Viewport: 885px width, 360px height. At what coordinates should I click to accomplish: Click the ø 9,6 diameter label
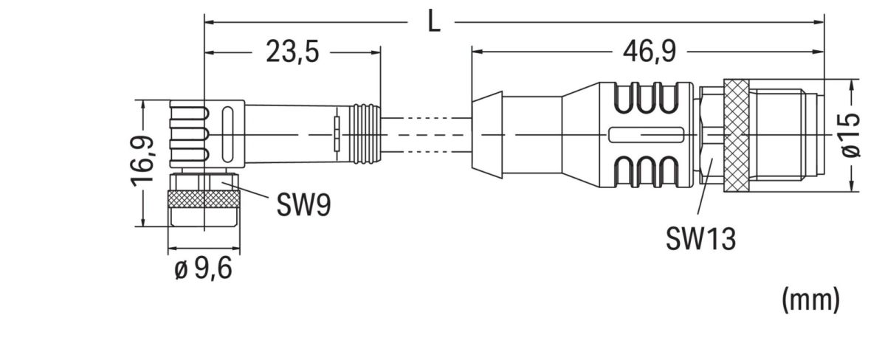[x=203, y=269]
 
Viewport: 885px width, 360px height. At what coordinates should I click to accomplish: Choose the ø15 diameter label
[x=851, y=135]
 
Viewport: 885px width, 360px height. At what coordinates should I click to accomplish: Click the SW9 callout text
[x=303, y=205]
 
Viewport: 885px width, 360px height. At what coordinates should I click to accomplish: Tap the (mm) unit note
[x=810, y=299]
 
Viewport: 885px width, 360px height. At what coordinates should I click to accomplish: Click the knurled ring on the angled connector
[x=203, y=199]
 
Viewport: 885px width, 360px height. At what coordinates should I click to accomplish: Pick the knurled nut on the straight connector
[x=736, y=136]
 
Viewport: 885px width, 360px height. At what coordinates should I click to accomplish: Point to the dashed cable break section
[x=426, y=134]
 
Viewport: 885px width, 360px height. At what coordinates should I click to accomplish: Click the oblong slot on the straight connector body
[x=644, y=135]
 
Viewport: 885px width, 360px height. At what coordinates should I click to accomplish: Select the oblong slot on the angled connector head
[x=228, y=134]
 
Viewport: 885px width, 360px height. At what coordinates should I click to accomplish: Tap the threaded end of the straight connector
[x=786, y=136]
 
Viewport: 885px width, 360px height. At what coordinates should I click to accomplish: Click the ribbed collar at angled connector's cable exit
[x=366, y=134]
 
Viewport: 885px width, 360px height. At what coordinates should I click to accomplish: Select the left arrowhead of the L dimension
[x=209, y=22]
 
